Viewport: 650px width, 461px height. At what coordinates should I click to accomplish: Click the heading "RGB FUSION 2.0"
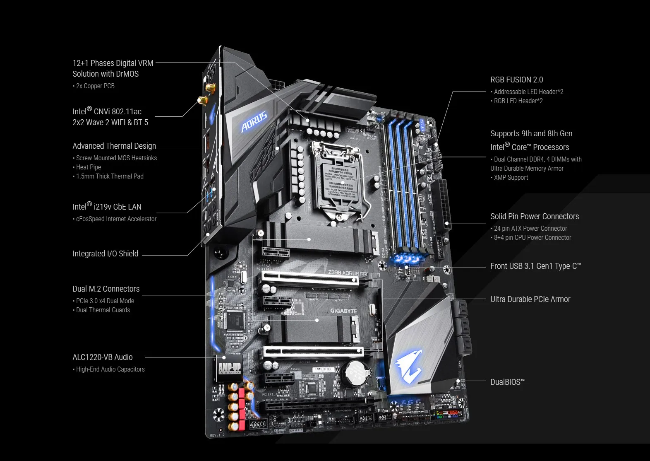click(516, 80)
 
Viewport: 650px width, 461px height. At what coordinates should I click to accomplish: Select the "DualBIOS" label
click(507, 382)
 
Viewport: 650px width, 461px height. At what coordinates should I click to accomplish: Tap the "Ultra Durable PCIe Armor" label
click(530, 299)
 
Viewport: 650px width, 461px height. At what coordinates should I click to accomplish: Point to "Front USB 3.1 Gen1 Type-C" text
click(535, 266)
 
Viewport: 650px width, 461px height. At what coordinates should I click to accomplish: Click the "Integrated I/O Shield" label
click(106, 253)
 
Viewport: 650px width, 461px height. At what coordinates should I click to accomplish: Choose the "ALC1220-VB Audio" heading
click(103, 357)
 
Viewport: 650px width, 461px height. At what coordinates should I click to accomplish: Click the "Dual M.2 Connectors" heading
click(106, 289)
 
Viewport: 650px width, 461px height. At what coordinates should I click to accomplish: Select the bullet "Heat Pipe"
click(89, 167)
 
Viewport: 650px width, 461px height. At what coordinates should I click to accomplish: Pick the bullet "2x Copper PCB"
click(95, 86)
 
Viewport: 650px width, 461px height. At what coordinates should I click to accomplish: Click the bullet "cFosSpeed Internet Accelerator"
click(116, 219)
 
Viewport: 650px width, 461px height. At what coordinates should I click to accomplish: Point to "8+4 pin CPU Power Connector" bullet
click(532, 237)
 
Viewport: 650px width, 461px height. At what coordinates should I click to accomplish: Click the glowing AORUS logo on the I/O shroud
click(254, 121)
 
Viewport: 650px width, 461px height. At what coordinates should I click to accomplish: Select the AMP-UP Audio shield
click(229, 367)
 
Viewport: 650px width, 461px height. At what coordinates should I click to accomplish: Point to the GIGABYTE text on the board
click(343, 311)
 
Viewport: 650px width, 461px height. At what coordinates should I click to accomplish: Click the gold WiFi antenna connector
click(203, 101)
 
